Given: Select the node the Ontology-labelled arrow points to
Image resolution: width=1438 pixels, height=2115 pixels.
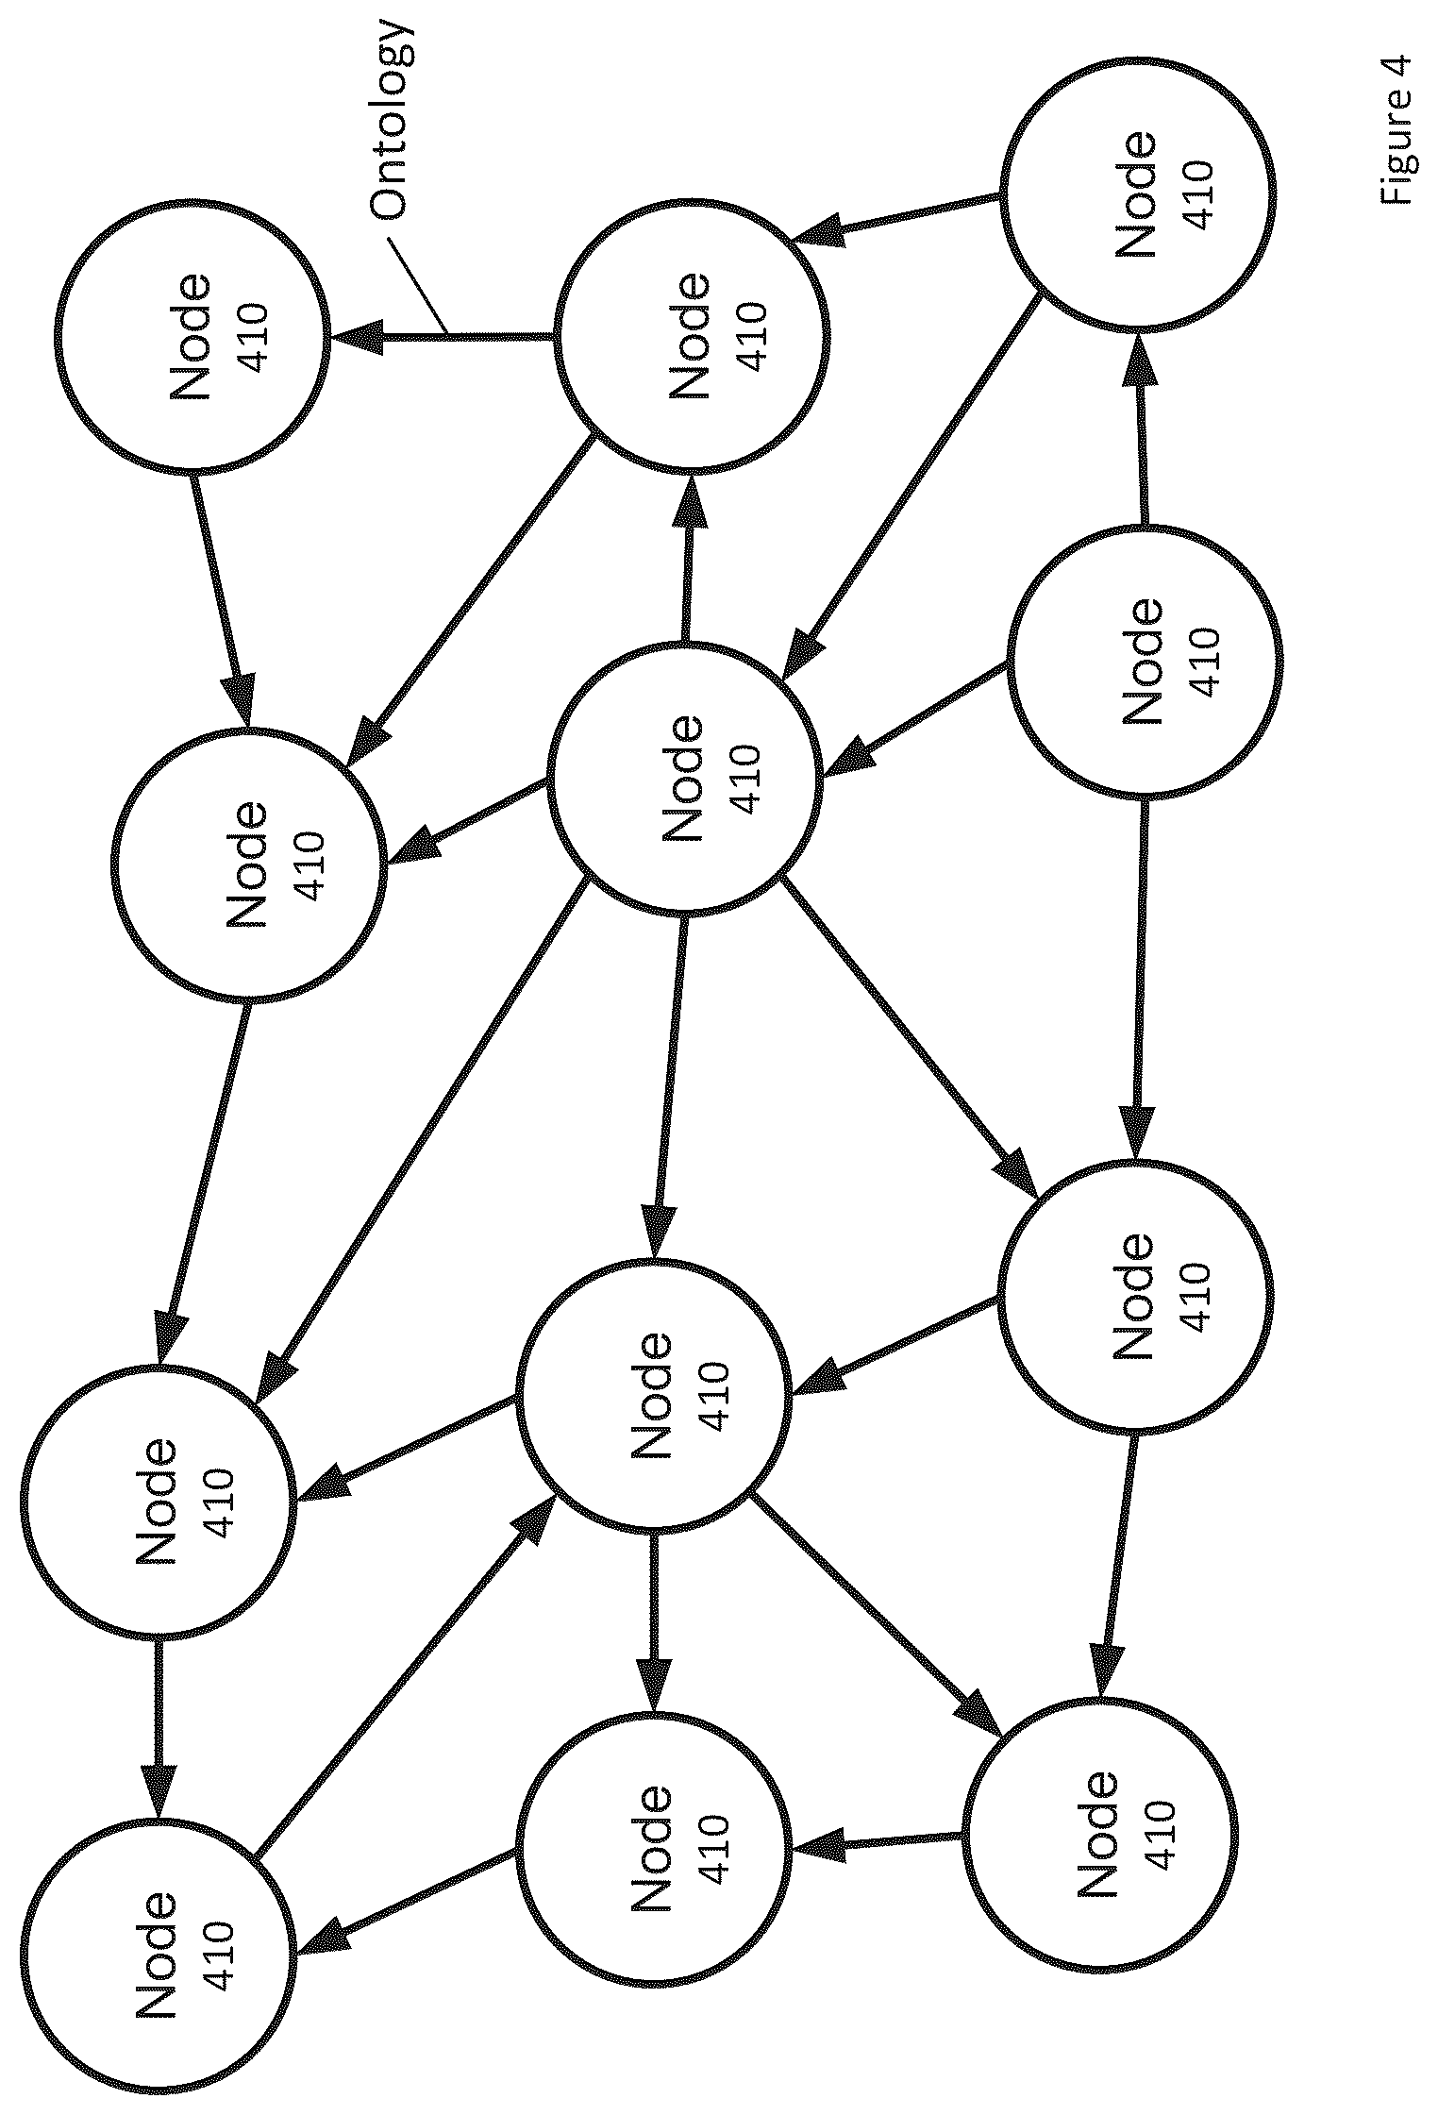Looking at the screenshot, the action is (192, 336).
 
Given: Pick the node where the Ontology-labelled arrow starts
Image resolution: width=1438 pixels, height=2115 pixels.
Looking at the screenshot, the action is (692, 336).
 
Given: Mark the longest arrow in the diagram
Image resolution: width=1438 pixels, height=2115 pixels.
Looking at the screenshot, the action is (422, 1137).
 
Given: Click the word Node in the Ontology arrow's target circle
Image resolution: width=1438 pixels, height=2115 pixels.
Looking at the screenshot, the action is (190, 336).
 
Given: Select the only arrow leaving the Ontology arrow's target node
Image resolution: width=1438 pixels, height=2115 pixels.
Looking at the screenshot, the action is (222, 600).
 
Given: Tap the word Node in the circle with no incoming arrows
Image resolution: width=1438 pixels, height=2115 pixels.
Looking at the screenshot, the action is (1142, 663).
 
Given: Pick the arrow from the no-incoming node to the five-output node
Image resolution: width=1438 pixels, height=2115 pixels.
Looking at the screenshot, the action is (917, 719).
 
